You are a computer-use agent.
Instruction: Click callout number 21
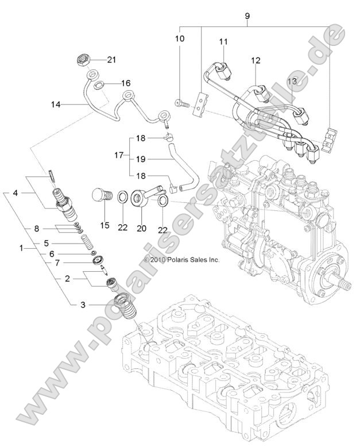pos(111,60)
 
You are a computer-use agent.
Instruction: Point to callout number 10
pos(180,38)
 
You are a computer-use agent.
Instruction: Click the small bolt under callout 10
pos(180,104)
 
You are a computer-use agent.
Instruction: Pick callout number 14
pos(55,104)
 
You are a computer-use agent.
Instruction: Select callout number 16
pos(125,83)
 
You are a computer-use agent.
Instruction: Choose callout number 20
pos(141,228)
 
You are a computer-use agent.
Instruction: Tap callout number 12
pos(256,60)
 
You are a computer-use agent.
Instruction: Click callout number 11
pos(223,41)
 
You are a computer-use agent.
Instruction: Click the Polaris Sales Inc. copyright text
pos(181,260)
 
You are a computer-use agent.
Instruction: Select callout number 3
pos(84,305)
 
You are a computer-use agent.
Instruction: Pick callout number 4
pos(17,193)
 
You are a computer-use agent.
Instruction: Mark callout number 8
pos(36,228)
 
